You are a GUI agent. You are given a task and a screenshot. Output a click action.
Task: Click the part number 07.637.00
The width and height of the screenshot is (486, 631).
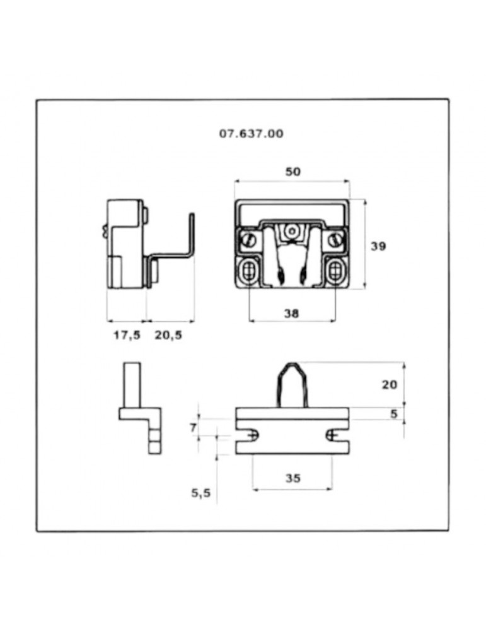click(251, 134)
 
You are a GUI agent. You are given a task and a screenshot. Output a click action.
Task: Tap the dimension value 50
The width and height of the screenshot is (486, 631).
click(292, 172)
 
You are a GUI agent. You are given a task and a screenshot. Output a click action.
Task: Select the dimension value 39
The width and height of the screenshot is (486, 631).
click(378, 246)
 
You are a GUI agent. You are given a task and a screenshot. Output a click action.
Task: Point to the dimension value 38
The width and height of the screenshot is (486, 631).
click(291, 313)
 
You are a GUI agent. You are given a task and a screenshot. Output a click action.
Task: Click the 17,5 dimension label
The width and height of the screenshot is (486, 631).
click(127, 335)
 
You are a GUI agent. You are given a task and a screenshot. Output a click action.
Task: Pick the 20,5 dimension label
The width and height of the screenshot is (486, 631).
click(168, 335)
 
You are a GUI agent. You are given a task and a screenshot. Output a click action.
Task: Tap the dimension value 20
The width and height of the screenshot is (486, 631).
click(389, 385)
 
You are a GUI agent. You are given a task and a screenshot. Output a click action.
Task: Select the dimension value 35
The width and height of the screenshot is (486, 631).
click(292, 478)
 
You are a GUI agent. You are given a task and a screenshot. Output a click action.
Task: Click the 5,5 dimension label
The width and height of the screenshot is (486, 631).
click(200, 493)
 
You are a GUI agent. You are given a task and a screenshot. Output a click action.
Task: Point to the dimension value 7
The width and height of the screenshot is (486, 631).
click(194, 427)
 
